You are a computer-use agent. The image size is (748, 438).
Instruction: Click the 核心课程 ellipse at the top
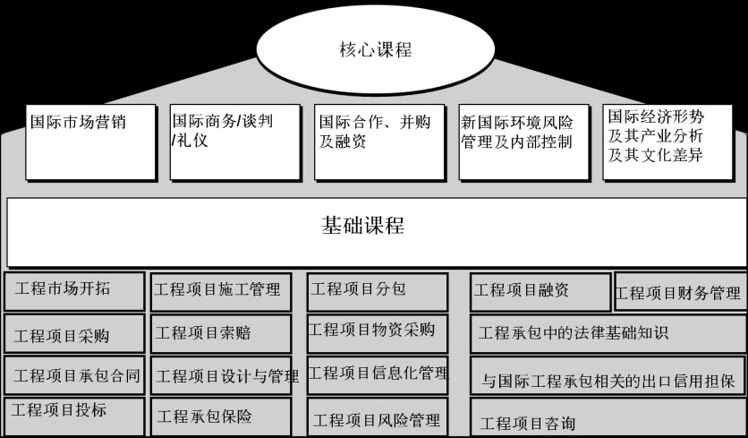[375, 49]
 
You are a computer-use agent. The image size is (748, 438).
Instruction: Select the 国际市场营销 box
[91, 142]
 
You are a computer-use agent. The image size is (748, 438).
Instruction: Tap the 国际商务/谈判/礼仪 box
[235, 142]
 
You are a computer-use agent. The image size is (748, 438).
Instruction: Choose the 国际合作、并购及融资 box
[379, 142]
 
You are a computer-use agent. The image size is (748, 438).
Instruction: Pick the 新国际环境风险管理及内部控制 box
[524, 142]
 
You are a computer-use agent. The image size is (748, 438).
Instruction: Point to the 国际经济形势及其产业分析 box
[667, 142]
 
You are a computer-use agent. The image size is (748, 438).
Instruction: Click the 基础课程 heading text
[362, 226]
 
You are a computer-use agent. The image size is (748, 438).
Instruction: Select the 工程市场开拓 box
[74, 292]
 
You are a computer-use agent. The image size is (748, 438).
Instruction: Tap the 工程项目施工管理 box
[221, 292]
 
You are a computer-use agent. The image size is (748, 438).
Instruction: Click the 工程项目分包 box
[378, 292]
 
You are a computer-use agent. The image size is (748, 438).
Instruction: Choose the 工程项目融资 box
[540, 292]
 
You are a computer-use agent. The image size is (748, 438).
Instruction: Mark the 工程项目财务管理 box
[681, 291]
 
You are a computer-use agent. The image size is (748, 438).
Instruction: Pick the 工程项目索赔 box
[221, 334]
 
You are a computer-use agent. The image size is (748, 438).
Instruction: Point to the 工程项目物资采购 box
[378, 334]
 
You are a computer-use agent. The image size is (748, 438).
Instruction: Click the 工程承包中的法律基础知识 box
[608, 334]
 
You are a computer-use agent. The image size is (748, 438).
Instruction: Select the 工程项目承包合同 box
[74, 375]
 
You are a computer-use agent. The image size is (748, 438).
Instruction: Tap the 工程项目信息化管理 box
[378, 375]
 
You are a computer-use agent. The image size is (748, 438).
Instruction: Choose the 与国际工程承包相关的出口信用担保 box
[608, 375]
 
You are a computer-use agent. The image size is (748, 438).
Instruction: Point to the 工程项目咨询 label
[528, 423]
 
